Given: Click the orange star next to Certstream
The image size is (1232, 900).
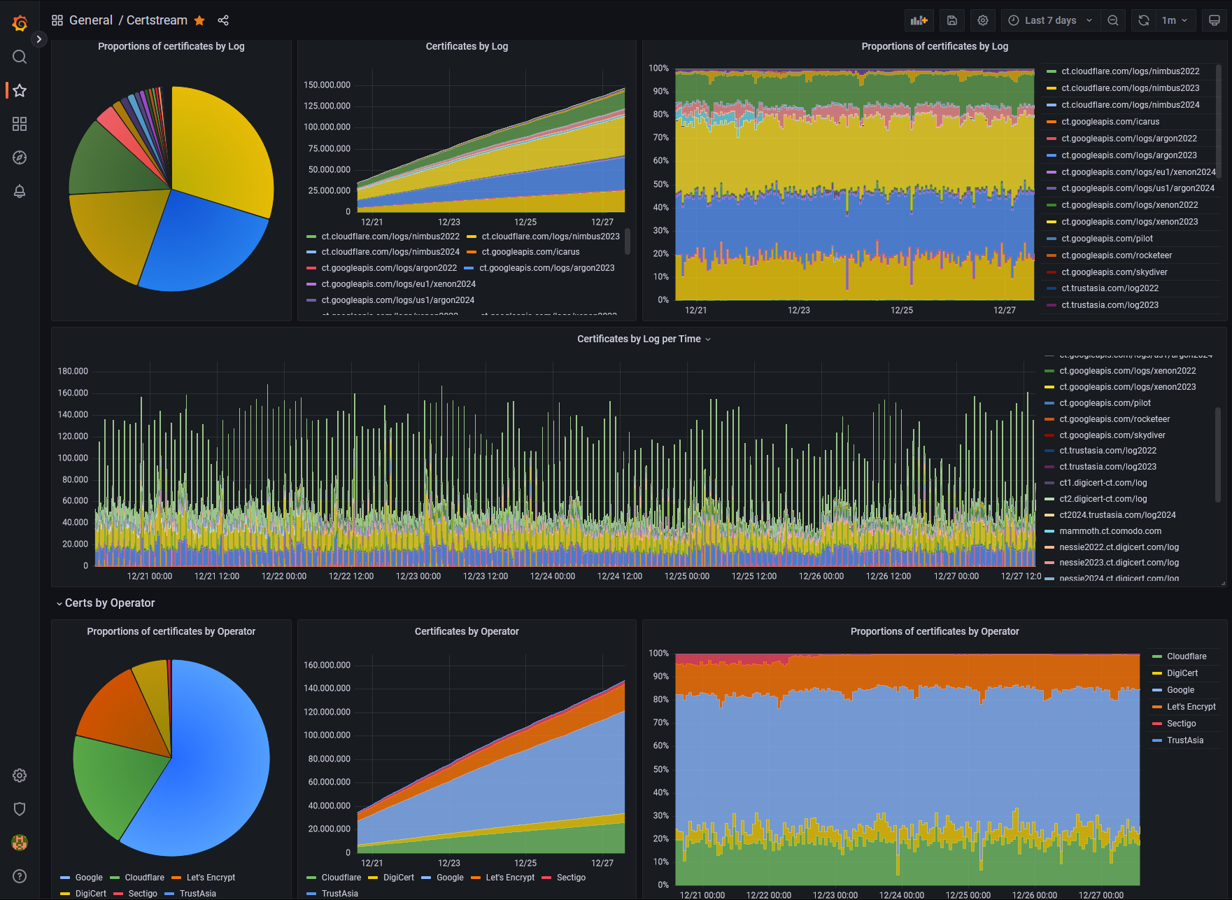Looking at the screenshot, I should tap(199, 20).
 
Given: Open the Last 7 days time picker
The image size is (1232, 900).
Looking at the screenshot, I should tap(1049, 20).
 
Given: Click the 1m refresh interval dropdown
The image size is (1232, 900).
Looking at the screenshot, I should tap(1174, 20).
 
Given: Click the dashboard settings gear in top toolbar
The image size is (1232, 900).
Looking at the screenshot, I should tap(982, 20).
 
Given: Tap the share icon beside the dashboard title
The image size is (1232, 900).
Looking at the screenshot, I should tap(223, 20).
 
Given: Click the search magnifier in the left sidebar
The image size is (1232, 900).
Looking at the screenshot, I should tap(20, 57).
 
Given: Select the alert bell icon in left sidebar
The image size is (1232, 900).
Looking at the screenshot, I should tap(20, 191).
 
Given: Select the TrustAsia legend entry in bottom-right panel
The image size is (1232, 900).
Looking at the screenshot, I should tap(1184, 740).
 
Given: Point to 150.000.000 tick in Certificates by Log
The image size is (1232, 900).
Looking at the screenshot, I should tap(327, 85).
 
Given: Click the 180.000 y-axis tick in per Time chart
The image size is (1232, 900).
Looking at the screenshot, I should tap(73, 371).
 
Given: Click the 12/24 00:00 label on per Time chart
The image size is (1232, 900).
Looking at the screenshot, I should tap(552, 576).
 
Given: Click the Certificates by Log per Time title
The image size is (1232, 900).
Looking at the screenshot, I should tap(639, 339).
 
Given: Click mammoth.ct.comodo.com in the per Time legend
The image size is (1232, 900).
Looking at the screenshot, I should tap(1110, 531).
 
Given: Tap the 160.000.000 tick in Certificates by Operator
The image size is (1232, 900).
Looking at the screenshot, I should tap(327, 665).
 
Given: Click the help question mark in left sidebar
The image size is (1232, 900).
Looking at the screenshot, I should tap(20, 876).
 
